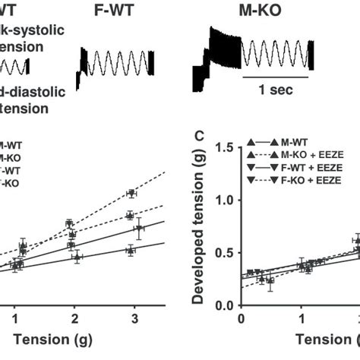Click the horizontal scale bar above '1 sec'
[275, 77]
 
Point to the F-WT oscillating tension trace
[115, 65]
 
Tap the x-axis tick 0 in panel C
[241, 318]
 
